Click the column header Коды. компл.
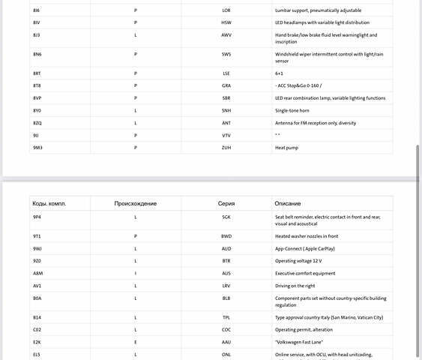49,203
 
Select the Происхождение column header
135,203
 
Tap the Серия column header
226,203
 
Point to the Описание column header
288,203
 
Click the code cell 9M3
37,148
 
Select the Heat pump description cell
288,148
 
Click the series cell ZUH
226,148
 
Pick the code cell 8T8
37,85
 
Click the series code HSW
226,22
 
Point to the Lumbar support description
318,10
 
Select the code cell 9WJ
37,248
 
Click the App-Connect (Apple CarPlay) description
305,248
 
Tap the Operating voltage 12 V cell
298,260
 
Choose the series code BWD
226,235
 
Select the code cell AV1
37,286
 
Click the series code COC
226,329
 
